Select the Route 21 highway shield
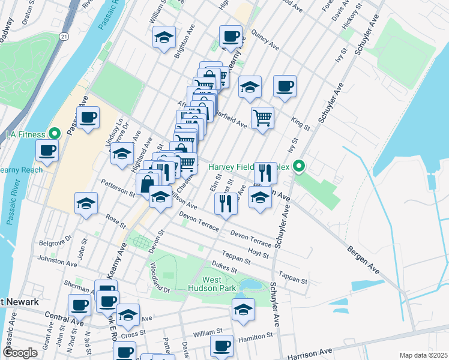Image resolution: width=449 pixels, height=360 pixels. coord(64,37)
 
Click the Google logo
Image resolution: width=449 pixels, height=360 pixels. coord(20,353)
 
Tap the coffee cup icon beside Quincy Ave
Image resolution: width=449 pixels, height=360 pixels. coord(230,37)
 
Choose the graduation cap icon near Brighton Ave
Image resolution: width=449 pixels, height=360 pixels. coord(163,37)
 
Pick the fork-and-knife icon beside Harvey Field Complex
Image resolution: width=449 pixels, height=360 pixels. coord(264,172)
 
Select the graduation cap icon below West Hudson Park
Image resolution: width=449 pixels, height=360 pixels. coord(243,309)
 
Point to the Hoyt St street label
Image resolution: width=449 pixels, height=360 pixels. coord(259,254)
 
